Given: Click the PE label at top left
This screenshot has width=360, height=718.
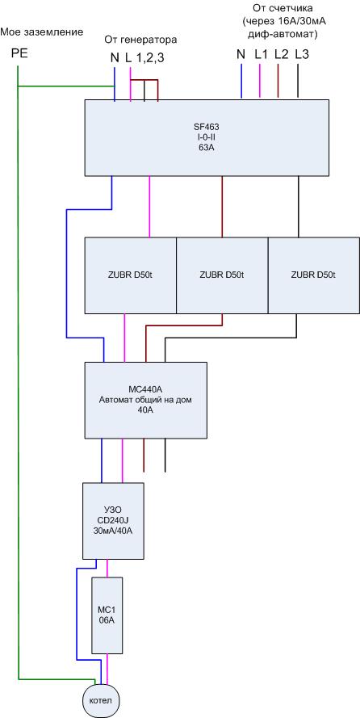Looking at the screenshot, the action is click(19, 53).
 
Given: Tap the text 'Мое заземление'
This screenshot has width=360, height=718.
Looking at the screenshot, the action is click(42, 32).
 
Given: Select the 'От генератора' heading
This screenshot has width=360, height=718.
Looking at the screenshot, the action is click(140, 40).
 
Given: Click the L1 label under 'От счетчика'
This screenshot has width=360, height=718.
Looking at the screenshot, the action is click(261, 54).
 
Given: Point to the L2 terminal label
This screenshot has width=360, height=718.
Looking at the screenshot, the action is click(281, 54).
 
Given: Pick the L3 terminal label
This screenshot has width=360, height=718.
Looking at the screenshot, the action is click(302, 54).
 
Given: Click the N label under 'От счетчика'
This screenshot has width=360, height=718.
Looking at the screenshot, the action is click(241, 54).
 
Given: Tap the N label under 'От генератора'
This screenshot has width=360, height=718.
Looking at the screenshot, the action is click(115, 58).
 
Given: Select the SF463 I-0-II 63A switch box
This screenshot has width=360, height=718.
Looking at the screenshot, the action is click(207, 137).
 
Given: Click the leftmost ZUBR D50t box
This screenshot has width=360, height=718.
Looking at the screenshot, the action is click(131, 275).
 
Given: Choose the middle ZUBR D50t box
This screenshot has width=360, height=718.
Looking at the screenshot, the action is click(222, 275).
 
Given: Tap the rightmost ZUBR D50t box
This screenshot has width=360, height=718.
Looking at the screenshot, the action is click(313, 275).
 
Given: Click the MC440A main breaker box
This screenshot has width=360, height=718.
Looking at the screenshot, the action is click(146, 400).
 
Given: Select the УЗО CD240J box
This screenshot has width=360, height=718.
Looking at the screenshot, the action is click(113, 521).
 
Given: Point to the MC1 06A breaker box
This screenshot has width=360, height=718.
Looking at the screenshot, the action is click(107, 615).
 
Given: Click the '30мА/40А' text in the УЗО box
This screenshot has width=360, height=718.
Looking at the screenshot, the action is click(113, 531).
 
